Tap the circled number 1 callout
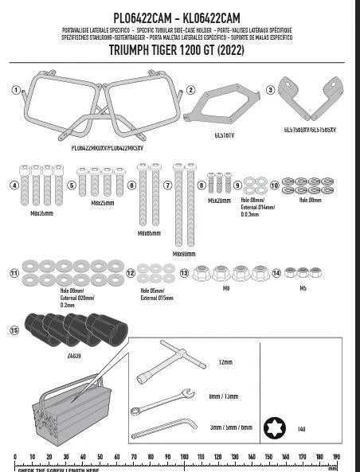16,89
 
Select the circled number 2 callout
190,90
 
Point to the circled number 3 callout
271,90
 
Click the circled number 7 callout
168,185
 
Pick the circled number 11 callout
14,273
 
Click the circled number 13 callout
185,273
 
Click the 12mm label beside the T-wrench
226,362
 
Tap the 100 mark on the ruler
184,457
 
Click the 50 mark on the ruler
100,457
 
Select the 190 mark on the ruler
336,457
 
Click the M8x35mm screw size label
41,214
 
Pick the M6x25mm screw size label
102,203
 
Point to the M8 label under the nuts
226,289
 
